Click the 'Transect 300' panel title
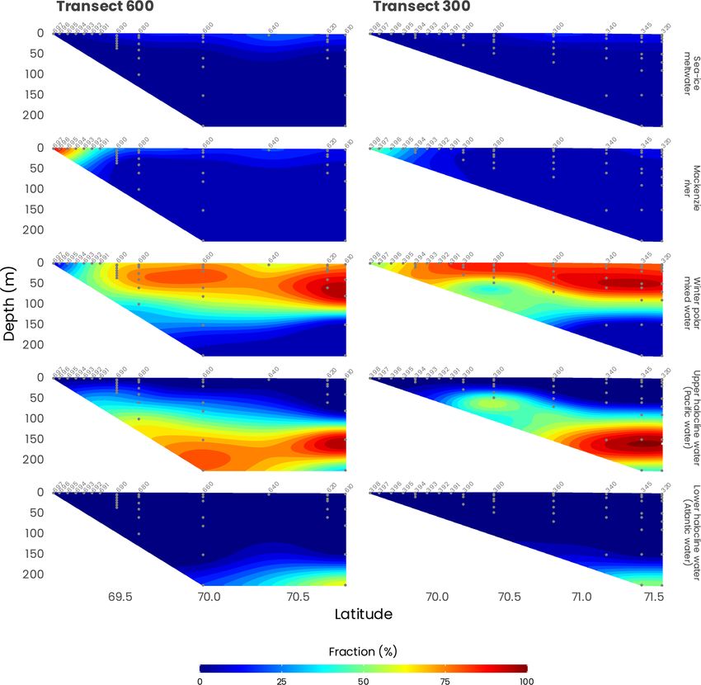point(421,7)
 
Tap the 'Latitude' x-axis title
point(363,614)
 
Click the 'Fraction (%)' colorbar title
point(363,651)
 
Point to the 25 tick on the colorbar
point(281,681)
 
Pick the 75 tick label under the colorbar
point(445,681)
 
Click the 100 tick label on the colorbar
point(526,681)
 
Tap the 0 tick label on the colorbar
point(200,681)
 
